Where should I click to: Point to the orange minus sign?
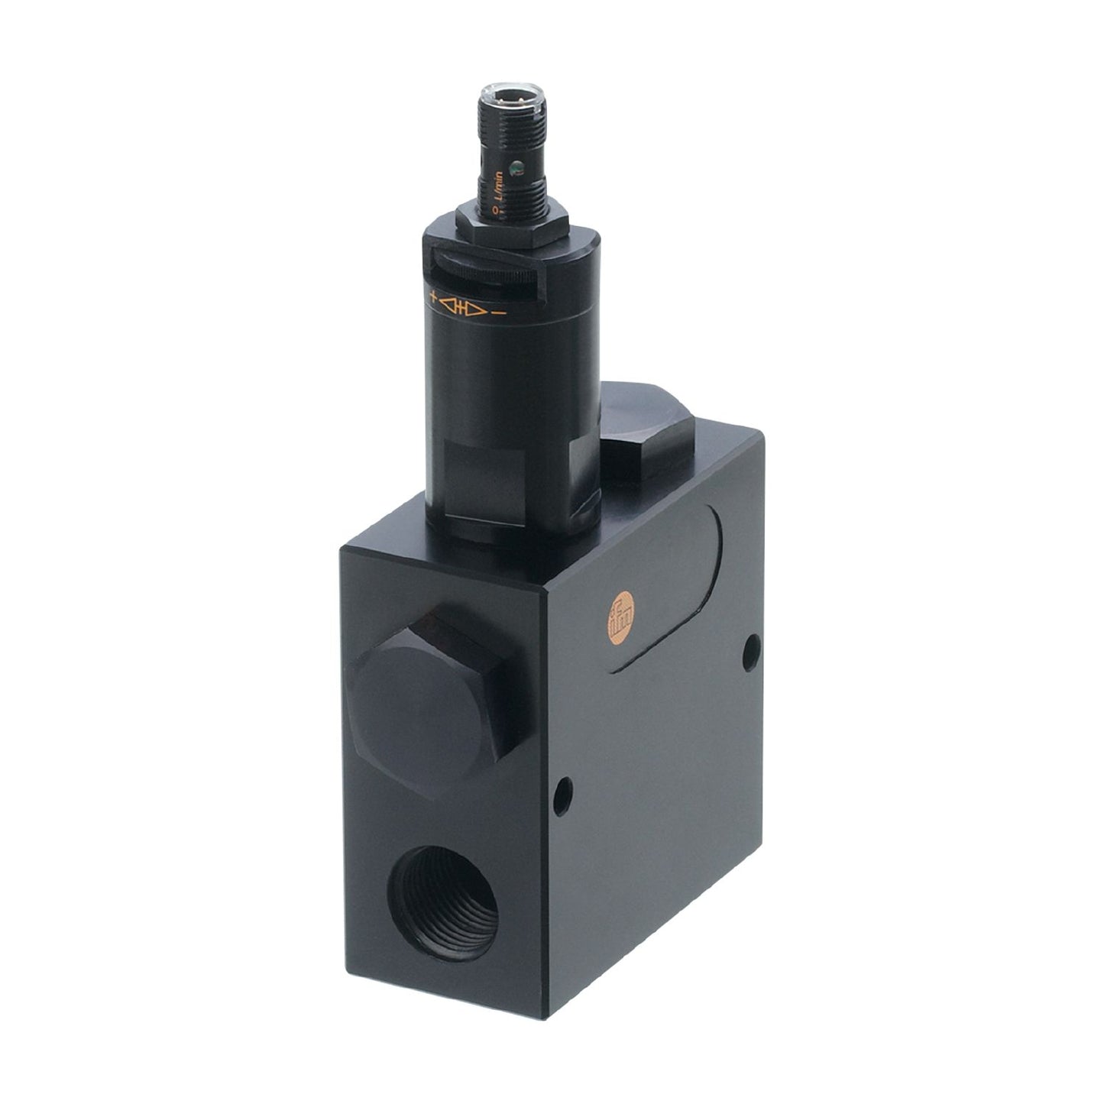coord(500,313)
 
